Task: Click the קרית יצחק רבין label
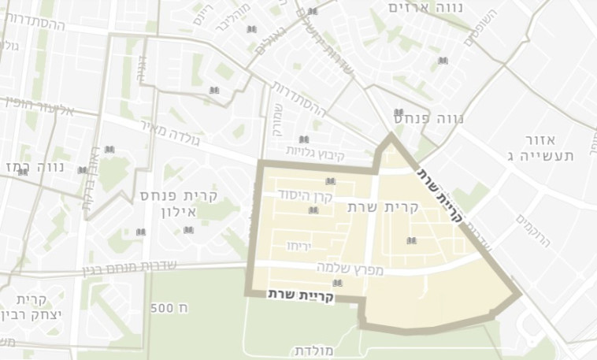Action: pyautogui.click(x=30, y=308)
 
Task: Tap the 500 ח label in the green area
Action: pyautogui.click(x=168, y=307)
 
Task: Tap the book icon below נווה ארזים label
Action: pyautogui.click(x=443, y=61)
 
